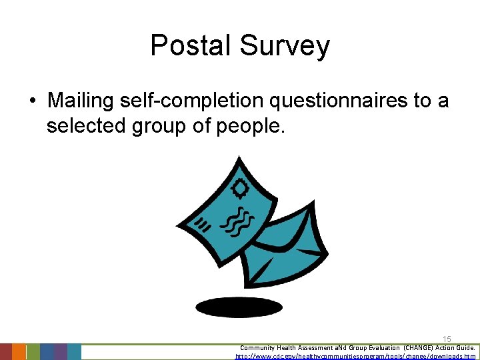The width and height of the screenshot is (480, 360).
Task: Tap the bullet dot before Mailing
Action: [x=31, y=101]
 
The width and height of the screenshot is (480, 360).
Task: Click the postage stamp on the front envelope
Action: [x=239, y=189]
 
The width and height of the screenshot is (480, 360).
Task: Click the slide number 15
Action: [x=447, y=340]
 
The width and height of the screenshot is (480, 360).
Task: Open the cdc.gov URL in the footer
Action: [x=356, y=357]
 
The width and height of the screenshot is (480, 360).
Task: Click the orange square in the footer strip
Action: [x=19, y=351]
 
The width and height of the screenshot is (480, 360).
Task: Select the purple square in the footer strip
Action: [x=60, y=351]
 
